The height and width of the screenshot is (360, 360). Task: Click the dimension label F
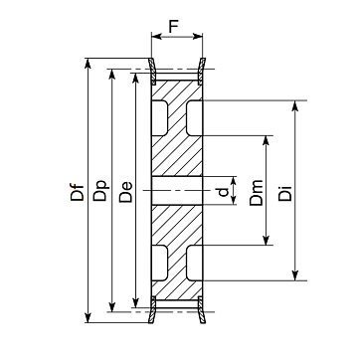[173, 27]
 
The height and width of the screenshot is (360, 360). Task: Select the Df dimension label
[78, 191]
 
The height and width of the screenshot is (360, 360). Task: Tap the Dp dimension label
[100, 191]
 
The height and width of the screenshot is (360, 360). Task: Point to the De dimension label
[126, 192]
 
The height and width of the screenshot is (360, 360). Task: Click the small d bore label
[224, 192]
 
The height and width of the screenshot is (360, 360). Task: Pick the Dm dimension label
[257, 193]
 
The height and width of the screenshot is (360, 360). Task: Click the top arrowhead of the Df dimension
[88, 64]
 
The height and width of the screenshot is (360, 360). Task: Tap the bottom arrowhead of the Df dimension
[88, 317]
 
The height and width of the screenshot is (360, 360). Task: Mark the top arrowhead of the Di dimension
[295, 105]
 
